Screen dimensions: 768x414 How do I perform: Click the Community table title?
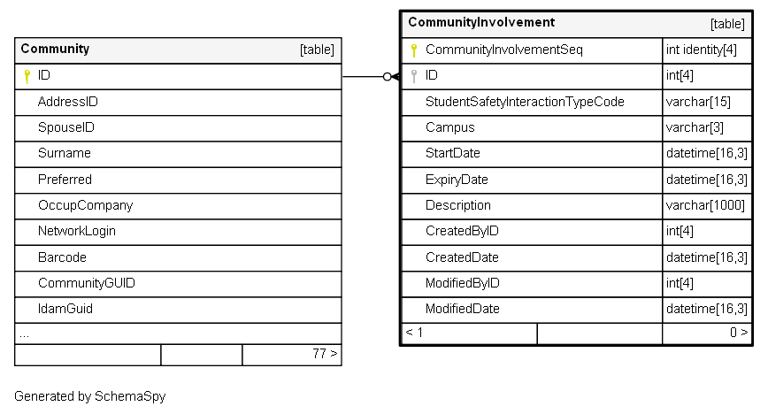coord(55,49)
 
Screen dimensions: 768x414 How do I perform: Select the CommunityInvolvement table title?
coord(481,22)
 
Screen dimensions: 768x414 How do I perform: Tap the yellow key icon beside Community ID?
coord(27,76)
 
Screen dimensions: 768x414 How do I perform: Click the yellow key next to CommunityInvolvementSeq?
coord(414,50)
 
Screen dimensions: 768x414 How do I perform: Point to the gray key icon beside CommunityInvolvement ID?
coord(414,76)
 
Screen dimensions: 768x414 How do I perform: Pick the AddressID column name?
coord(68,102)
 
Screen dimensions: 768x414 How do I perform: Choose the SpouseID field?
coord(66,127)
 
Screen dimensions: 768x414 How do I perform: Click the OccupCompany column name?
coord(85,205)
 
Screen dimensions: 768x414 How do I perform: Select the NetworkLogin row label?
coord(77,231)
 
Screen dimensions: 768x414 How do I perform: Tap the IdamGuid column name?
coord(65,309)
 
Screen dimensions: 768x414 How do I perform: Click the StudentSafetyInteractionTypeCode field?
coord(525,102)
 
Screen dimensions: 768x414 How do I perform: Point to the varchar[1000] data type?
coord(705,205)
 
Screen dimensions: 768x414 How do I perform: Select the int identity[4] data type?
coord(702,50)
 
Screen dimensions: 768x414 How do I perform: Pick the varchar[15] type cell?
coord(698,102)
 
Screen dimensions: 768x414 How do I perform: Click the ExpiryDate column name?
coord(457,180)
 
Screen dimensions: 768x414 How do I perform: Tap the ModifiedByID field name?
coord(463,283)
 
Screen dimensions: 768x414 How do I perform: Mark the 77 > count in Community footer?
coord(326,354)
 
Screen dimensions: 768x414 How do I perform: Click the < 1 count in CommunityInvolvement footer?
coord(414,333)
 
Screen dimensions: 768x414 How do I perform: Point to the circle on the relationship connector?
coord(387,76)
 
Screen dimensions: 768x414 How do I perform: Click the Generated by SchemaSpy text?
coord(90,396)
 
